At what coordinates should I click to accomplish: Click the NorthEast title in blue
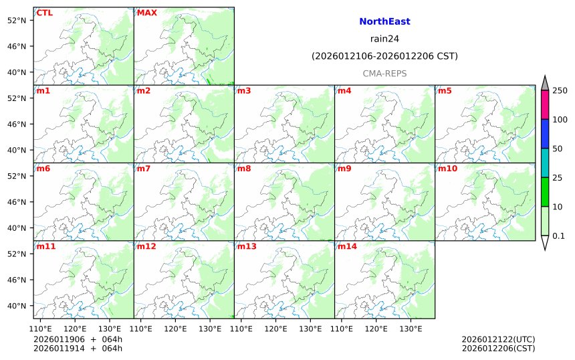click(x=384, y=22)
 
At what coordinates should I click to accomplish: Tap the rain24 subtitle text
click(x=384, y=39)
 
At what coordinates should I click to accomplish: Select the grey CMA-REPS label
click(x=384, y=74)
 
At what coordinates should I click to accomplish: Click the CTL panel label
click(x=45, y=13)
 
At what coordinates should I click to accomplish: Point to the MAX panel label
click(x=147, y=13)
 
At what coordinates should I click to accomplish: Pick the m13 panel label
click(x=247, y=246)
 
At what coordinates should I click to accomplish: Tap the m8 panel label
click(x=244, y=169)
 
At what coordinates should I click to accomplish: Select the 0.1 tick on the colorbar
click(x=558, y=236)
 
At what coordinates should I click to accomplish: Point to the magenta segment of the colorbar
click(x=545, y=105)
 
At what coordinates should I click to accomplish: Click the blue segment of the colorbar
click(x=545, y=134)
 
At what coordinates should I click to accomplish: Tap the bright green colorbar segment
click(x=545, y=192)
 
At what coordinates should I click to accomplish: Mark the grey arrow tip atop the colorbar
click(x=545, y=82)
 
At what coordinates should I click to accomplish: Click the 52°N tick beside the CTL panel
click(x=15, y=20)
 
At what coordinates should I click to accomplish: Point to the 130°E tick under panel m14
click(x=411, y=329)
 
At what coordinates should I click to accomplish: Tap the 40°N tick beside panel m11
click(x=15, y=306)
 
